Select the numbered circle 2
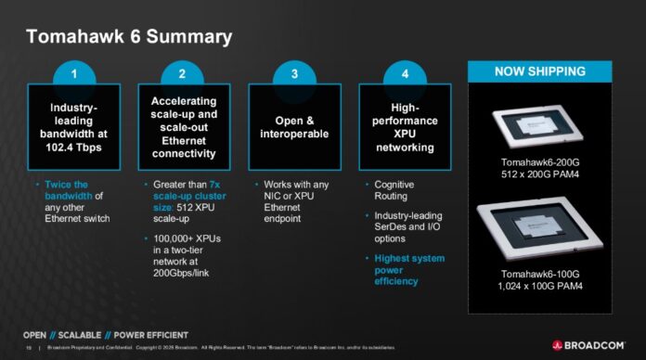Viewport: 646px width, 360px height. pyautogui.click(x=183, y=74)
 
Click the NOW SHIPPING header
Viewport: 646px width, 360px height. pyautogui.click(x=539, y=71)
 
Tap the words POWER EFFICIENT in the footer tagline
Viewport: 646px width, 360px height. pyautogui.click(x=149, y=334)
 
